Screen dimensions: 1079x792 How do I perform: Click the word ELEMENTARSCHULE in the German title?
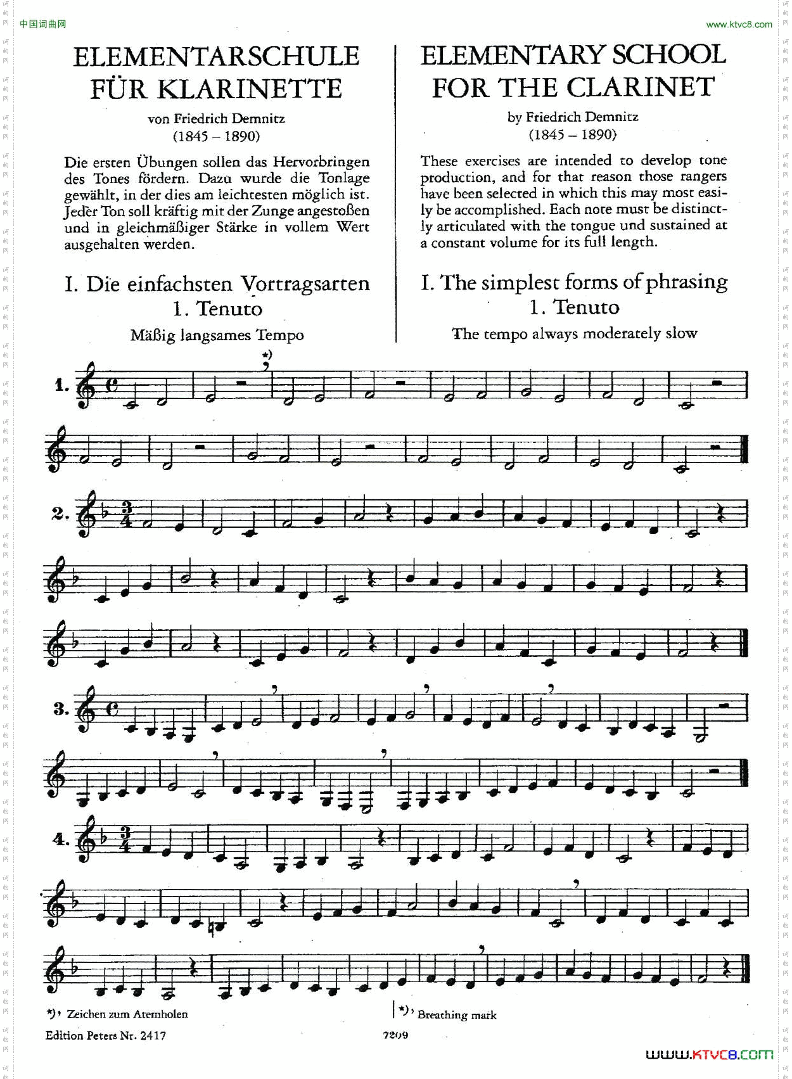[216, 57]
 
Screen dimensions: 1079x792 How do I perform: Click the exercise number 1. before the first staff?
[61, 385]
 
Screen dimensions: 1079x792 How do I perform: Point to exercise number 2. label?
[60, 514]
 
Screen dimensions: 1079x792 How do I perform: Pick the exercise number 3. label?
[61, 709]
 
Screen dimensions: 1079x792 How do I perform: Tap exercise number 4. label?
[61, 840]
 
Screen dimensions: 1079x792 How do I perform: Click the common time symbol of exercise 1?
[112, 386]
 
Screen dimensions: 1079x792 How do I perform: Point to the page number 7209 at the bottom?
[395, 1035]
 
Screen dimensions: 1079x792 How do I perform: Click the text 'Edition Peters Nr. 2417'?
[106, 1035]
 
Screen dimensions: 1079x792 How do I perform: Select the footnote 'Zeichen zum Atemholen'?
[127, 1014]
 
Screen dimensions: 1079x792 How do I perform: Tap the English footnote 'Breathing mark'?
[457, 1015]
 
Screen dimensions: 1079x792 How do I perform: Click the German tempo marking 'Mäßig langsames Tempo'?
[217, 335]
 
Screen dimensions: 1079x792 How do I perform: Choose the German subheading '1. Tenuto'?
[217, 309]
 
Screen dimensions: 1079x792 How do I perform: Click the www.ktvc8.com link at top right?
[739, 25]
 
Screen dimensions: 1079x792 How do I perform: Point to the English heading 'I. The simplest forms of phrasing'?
[574, 282]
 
